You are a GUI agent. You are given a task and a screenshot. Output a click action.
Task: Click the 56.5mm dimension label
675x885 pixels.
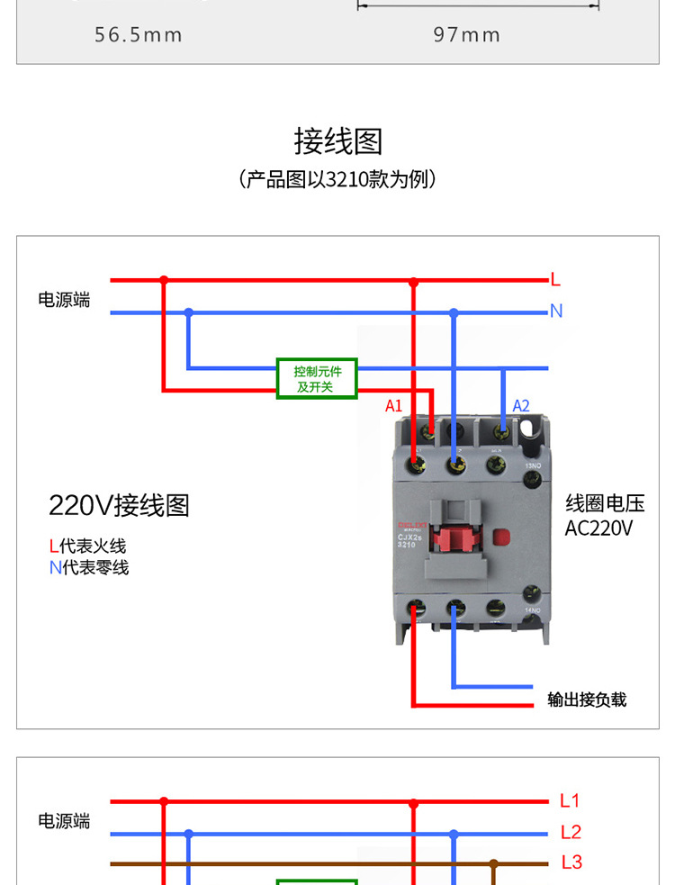pos(139,35)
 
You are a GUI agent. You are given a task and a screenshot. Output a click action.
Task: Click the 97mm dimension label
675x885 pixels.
pos(466,35)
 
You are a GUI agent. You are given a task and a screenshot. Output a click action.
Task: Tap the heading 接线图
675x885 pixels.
pos(337,141)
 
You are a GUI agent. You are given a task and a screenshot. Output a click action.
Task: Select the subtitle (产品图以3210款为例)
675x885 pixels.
pos(337,179)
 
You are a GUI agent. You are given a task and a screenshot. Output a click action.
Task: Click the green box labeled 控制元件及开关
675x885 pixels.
pos(317,379)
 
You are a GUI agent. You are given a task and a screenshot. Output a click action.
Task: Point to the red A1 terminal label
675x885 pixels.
pos(393,406)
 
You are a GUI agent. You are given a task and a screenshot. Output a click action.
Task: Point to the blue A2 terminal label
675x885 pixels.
pos(521,406)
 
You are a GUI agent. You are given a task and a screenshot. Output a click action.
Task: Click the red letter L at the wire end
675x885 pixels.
pos(555,280)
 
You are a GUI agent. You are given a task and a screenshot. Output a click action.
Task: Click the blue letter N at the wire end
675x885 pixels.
pos(556,312)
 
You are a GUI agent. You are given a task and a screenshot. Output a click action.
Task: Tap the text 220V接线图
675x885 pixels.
pos(119,505)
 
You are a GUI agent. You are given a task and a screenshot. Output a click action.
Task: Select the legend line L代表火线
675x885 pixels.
pos(88,546)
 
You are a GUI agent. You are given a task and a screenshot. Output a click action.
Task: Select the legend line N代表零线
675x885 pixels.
pos(89,567)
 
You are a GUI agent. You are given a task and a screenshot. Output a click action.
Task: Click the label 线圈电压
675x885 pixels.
pos(605,503)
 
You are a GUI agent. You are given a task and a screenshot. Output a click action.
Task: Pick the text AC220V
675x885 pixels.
pos(598,528)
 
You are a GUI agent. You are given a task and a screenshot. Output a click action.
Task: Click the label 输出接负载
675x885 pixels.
pos(587,700)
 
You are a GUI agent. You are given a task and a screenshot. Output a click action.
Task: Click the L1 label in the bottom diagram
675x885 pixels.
pos(570,800)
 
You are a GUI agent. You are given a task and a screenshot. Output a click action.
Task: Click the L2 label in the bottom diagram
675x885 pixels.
pos(571,832)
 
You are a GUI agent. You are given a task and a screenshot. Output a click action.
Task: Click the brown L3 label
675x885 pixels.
pos(571,862)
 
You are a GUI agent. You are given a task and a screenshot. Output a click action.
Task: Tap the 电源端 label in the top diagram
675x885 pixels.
pos(64,300)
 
